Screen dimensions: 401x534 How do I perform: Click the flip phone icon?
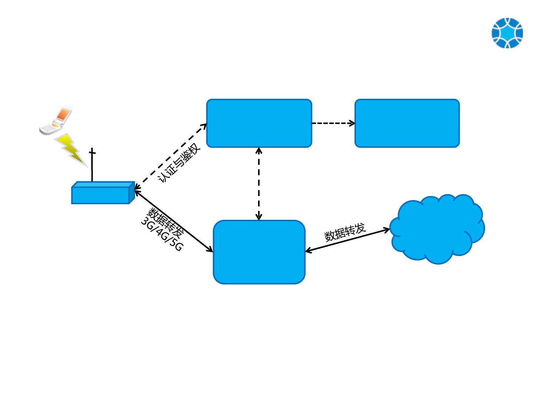click(x=56, y=121)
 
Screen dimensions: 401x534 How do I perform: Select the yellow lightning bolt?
click(x=71, y=149)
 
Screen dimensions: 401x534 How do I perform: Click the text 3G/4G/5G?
click(x=162, y=235)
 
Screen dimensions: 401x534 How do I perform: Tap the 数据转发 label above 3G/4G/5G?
click(x=166, y=223)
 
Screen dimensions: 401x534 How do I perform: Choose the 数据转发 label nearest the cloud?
click(x=345, y=232)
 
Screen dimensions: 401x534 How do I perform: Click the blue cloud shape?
click(x=438, y=228)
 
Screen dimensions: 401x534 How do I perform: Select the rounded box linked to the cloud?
click(x=259, y=252)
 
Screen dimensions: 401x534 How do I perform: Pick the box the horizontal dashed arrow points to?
click(x=407, y=123)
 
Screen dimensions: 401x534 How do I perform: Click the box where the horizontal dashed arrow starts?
click(x=259, y=123)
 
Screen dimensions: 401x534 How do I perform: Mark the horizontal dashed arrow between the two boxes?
click(x=333, y=123)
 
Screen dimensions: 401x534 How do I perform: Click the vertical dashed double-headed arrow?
click(x=259, y=184)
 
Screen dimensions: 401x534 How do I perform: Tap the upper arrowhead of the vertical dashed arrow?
click(x=259, y=150)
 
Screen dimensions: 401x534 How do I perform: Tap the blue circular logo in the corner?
click(x=507, y=33)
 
